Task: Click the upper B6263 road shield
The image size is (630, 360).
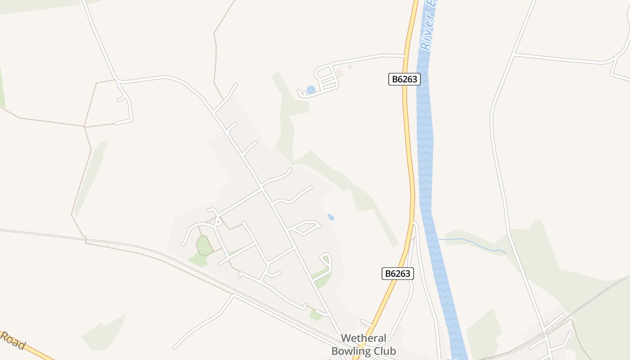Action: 404,79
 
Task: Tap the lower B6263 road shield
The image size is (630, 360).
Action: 398,273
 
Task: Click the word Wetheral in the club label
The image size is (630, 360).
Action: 364,338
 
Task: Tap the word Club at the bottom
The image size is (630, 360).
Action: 385,351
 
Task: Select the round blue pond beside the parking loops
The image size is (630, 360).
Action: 310,90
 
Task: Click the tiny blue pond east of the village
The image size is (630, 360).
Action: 331,217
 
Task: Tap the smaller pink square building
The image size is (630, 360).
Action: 350,67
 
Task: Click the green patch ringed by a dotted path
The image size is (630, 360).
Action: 204,246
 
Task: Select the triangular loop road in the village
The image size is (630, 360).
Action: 306,227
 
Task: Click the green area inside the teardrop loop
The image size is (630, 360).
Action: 322,275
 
